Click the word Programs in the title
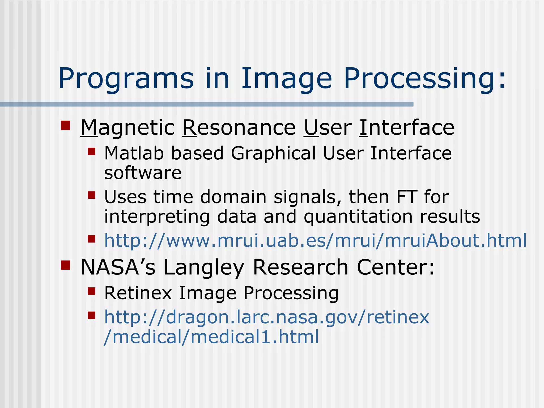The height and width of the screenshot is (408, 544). point(126,79)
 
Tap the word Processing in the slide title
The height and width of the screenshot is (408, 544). point(424,79)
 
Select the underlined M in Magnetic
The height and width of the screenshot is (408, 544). point(89,128)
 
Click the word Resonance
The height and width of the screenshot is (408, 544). point(239,128)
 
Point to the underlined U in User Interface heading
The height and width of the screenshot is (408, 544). point(311,128)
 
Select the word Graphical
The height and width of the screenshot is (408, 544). point(273,154)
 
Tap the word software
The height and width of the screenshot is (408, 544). point(143,173)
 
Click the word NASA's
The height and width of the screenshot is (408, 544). point(118,267)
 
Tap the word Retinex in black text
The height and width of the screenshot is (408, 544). point(138,293)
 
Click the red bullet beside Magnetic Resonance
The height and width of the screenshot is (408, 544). point(65,125)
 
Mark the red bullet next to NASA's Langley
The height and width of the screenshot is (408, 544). point(65,265)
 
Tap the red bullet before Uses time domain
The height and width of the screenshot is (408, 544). point(91,195)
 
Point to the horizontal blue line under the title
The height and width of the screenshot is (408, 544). point(207,104)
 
